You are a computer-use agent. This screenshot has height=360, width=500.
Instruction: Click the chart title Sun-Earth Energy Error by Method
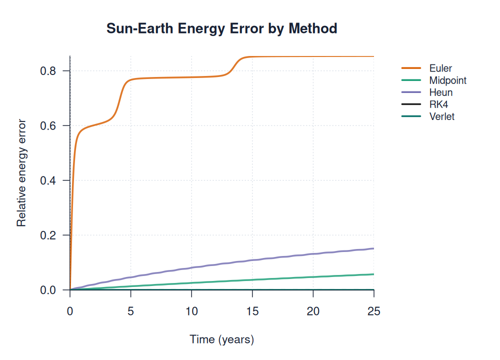point(222,28)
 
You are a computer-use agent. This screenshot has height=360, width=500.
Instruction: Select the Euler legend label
point(440,68)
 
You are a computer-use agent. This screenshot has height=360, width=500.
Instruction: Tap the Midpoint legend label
point(448,80)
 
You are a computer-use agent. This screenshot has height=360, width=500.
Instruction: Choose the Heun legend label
point(440,92)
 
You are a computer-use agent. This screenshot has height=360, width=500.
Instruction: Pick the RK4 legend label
point(438,104)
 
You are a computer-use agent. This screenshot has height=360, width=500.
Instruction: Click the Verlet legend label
point(442,116)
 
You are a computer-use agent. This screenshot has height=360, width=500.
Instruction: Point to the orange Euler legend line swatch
point(411,68)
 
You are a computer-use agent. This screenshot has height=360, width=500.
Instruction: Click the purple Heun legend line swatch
point(411,92)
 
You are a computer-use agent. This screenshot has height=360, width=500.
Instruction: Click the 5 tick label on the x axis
point(130,311)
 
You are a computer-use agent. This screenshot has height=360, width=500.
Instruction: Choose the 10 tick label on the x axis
point(191,311)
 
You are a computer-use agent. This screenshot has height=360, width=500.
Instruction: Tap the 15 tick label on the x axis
point(252,311)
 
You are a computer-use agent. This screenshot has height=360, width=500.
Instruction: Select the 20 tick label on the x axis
point(313,311)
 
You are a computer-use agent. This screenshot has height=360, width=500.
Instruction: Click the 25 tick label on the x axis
point(373,311)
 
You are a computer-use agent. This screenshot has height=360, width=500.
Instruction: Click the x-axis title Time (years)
point(222,339)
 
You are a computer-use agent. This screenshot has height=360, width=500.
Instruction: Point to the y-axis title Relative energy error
point(21,173)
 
